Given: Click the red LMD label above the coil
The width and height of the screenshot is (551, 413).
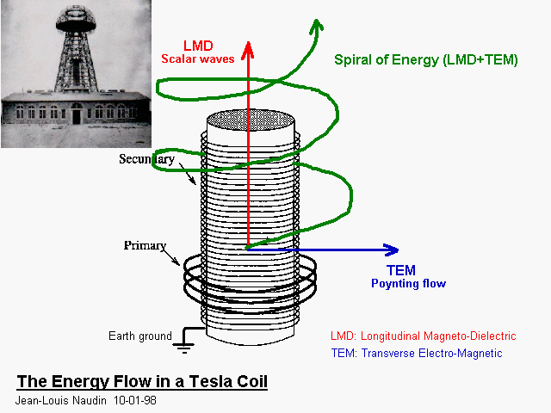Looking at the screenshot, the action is pos(198,46).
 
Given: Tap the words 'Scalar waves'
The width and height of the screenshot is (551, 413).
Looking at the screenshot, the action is pos(198,59).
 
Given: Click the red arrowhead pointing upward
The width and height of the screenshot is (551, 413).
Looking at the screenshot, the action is pos(248,51).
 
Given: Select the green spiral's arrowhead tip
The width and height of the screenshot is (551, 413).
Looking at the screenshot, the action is pos(317,21).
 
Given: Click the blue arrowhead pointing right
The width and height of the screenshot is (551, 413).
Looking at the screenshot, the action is pos(391,250).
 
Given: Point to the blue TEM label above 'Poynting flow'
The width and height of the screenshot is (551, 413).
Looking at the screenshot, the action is pos(401,270).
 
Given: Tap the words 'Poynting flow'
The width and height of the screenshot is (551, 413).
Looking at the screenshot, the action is pos(408,283).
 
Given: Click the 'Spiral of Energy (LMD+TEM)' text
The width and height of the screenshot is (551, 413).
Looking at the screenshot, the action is pos(426,59).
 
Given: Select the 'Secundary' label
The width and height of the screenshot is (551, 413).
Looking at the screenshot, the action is pos(147,159).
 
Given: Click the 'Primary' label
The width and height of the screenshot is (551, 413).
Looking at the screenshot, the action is pos(145,245).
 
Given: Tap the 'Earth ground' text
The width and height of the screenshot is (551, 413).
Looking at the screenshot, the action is pos(140,336).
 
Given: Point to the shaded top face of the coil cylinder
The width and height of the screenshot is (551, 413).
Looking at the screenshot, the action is pos(251,120).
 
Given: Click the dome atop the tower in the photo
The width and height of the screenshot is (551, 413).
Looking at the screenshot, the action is pos(76,19).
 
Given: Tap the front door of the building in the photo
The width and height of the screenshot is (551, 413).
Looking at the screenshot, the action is pos(77,117).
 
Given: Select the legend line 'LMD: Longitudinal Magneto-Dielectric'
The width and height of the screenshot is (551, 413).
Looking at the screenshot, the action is pos(423,336).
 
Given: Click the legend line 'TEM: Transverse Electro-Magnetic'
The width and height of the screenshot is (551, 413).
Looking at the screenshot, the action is pos(417,353).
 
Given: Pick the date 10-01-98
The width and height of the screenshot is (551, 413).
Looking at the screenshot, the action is pos(135,400).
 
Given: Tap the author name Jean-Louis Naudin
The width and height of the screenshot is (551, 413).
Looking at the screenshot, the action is pos(61,400).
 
